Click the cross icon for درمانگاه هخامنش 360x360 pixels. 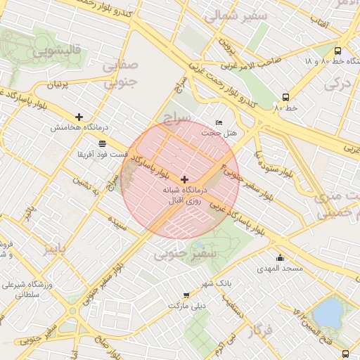(79, 117)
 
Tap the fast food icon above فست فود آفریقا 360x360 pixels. (103, 143)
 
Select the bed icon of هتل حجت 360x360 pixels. (219, 122)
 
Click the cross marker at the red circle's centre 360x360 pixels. (184, 180)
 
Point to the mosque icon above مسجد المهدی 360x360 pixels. (280, 257)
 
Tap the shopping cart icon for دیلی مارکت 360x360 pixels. (186, 296)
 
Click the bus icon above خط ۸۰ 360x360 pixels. (285, 98)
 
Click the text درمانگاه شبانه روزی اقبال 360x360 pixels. (184, 195)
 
